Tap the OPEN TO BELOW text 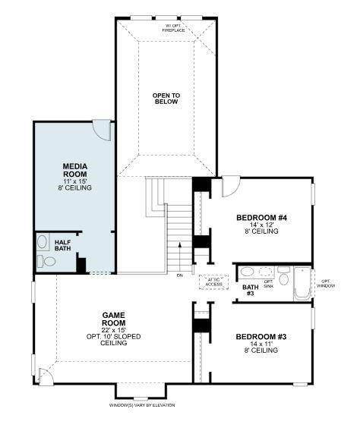(166, 99)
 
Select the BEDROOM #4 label (261, 219)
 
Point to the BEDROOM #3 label (261, 336)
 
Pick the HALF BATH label (63, 245)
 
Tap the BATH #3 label (250, 290)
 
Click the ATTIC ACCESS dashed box (213, 281)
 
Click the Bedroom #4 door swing (230, 185)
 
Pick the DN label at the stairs (180, 275)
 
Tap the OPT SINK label (268, 283)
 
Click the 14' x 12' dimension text (261, 225)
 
